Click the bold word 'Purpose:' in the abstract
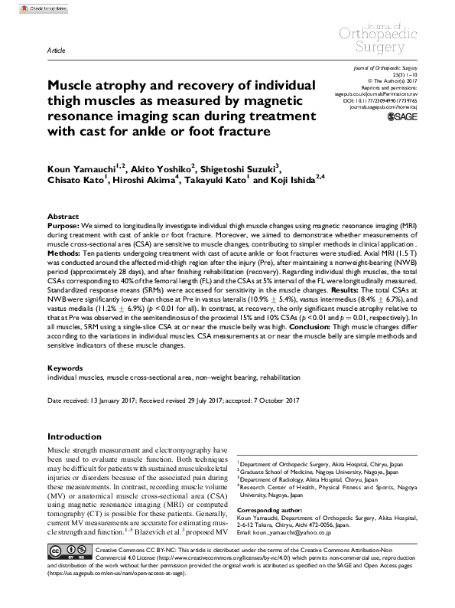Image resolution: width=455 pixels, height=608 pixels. coord(65,227)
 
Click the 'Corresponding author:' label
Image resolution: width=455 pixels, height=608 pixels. coord(271,509)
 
